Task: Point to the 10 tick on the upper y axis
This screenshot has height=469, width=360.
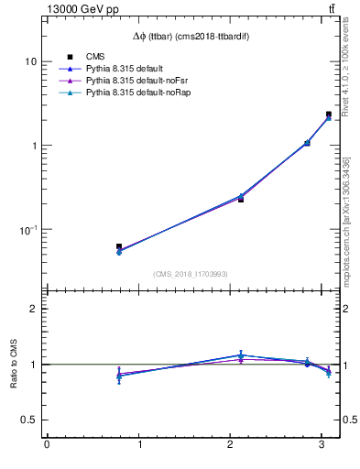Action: click(31, 61)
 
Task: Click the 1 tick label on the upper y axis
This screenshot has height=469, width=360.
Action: click(35, 146)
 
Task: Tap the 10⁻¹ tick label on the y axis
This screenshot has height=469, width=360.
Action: click(28, 229)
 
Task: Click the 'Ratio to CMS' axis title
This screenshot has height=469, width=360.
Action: click(14, 365)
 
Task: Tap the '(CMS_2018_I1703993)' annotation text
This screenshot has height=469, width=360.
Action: click(191, 274)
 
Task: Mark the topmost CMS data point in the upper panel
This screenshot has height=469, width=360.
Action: click(329, 115)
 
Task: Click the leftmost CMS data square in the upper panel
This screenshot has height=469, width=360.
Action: click(119, 246)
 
